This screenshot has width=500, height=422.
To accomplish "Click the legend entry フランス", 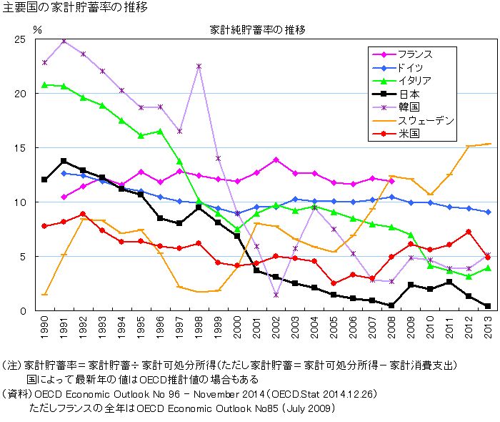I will [414, 54].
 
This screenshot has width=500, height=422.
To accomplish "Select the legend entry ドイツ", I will [409, 67].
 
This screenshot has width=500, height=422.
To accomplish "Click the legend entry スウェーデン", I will [426, 120].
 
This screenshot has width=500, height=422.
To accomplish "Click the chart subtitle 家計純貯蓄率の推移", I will [257, 30].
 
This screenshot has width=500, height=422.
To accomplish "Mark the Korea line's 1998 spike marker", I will [199, 66].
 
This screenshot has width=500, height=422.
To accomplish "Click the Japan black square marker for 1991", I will [64, 161].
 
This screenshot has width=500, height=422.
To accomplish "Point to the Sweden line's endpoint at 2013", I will [487, 144].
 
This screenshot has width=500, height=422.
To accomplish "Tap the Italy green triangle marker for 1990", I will [44, 84].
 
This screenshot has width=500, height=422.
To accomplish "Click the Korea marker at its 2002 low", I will [276, 295].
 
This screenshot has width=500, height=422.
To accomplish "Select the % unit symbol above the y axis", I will [38, 30].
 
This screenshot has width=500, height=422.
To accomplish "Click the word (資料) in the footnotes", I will [16, 393].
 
